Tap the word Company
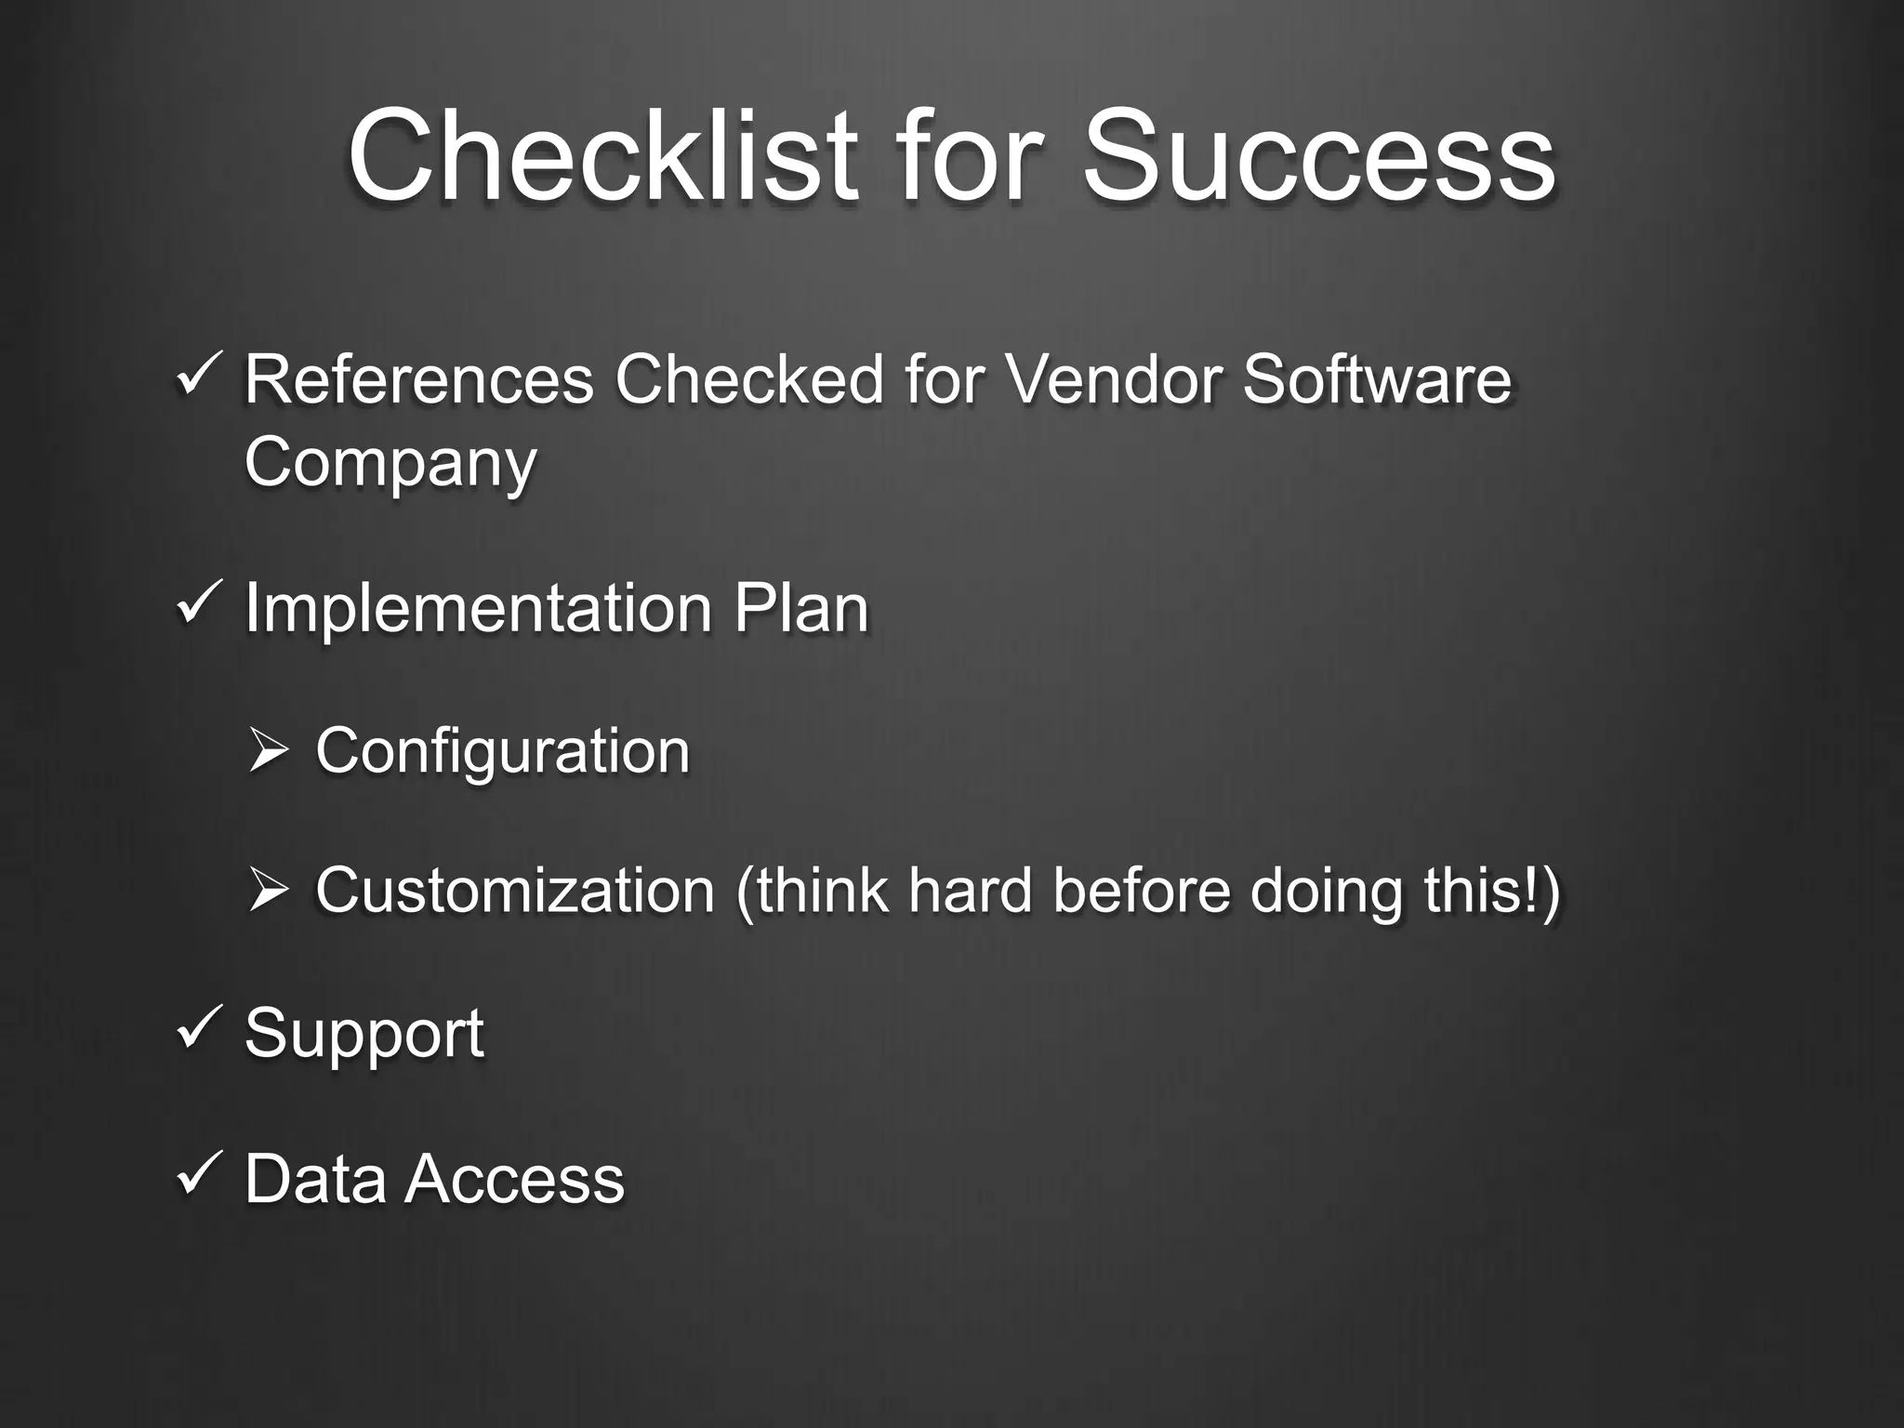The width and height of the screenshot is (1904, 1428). [x=390, y=463]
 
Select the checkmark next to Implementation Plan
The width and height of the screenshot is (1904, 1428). [x=197, y=603]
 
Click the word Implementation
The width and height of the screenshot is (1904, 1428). [x=478, y=608]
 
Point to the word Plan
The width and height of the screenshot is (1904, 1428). [x=800, y=608]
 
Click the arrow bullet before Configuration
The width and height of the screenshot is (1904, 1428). [x=269, y=751]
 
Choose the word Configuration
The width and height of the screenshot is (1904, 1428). [x=502, y=751]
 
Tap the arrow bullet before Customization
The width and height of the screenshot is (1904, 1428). [x=269, y=891]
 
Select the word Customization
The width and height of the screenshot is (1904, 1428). [x=514, y=891]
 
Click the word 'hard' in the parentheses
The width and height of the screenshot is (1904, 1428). [x=970, y=891]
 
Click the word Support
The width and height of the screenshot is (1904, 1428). [x=364, y=1034]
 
